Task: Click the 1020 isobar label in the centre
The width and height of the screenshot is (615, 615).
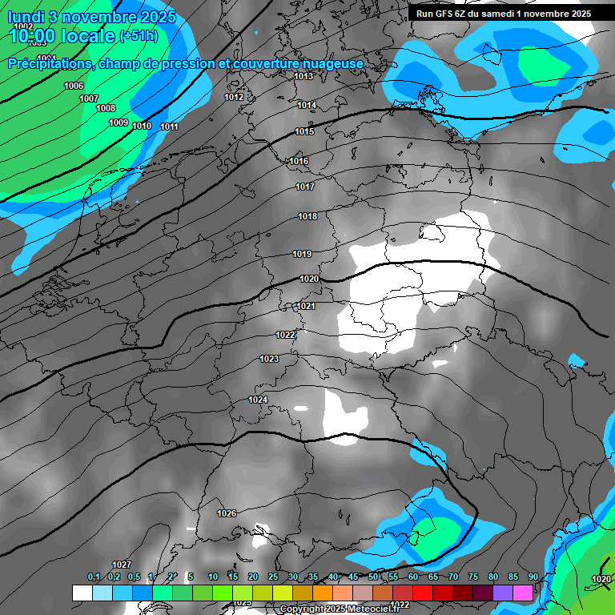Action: coord(309,279)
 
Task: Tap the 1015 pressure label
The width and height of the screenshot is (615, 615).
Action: coord(304,132)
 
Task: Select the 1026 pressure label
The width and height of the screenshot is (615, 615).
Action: coord(227,513)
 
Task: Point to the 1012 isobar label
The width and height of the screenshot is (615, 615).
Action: coord(234,97)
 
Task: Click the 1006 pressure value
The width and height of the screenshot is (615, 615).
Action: coord(74,86)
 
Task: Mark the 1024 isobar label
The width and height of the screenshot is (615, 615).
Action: coord(258,400)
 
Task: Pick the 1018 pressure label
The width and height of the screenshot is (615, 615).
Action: coord(307,216)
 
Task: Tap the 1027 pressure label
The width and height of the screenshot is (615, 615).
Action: coord(122,565)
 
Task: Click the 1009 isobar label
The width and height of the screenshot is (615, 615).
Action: coord(119,123)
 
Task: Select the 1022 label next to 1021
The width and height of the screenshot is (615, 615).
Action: coord(285,335)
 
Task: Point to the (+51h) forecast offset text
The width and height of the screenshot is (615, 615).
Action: coord(139,36)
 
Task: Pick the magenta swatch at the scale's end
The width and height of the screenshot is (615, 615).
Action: coord(523,593)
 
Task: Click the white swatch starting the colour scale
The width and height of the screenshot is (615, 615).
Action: coord(82,593)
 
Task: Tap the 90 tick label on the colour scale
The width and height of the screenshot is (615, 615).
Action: coord(533,577)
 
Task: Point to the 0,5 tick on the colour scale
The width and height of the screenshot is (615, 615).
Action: coord(133,577)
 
